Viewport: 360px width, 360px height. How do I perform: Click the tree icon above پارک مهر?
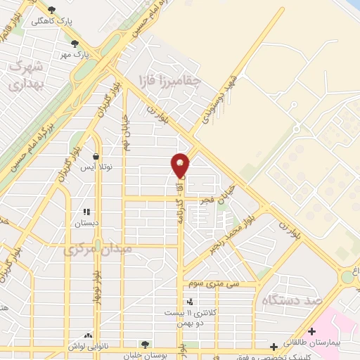tap(75, 44)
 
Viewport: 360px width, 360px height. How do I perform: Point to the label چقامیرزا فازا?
tap(170, 80)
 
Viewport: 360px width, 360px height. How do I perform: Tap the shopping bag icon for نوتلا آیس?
tap(96, 157)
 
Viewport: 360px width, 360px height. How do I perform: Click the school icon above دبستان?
tap(88, 212)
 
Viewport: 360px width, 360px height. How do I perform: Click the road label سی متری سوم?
tap(214, 283)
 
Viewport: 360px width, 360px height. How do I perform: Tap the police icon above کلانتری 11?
tap(190, 301)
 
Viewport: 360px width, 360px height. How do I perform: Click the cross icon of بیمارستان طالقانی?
tap(311, 330)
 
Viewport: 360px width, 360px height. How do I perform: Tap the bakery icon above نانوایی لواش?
tap(89, 335)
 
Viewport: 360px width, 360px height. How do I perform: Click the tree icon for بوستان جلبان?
tap(145, 345)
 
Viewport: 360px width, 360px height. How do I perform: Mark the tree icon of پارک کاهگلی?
tap(51, 10)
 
